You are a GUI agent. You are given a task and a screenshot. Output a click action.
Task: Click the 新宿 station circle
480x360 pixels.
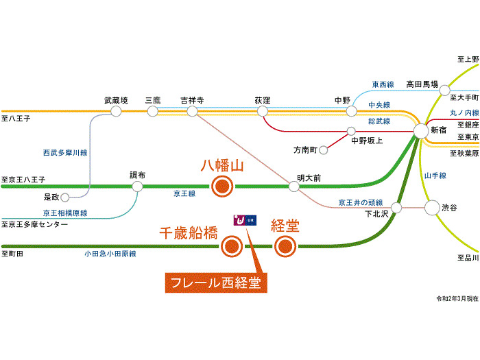421,130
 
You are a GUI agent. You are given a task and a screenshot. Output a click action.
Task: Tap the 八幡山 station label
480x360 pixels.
222,166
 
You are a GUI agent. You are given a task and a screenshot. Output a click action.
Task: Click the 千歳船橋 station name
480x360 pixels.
189,233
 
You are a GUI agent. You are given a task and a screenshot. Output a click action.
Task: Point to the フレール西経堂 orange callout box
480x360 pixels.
216,283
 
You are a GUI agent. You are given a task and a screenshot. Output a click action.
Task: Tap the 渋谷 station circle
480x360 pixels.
432,207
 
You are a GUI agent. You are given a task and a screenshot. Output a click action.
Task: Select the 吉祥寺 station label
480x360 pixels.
192,100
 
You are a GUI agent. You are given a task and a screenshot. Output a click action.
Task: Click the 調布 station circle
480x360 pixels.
138,186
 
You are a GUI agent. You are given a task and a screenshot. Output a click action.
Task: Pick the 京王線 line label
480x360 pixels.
184,195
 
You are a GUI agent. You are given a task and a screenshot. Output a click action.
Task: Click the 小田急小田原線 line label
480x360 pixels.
110,254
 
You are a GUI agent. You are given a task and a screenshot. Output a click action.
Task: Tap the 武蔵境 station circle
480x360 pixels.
116,110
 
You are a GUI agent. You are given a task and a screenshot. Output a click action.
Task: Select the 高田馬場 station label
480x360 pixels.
421,84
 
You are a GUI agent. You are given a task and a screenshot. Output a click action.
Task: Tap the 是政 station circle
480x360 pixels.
65,197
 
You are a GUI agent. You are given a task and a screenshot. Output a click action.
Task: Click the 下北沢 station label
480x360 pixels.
376,214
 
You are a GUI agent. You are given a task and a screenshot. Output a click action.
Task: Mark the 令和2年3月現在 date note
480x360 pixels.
457,299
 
